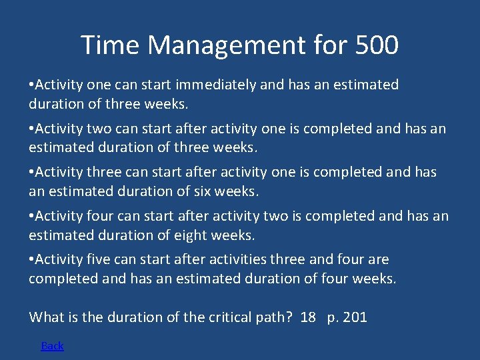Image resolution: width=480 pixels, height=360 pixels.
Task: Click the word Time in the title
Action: pyautogui.click(x=111, y=45)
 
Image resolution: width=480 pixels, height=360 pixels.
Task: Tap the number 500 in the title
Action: pyautogui.click(x=376, y=45)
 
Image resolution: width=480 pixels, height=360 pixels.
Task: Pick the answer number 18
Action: pyautogui.click(x=308, y=317)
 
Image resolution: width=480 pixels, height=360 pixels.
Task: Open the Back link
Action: pyautogui.click(x=52, y=345)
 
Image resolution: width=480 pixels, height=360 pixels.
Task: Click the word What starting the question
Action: pyautogui.click(x=46, y=317)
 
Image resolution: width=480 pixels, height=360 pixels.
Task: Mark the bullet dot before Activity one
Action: pyautogui.click(x=31, y=85)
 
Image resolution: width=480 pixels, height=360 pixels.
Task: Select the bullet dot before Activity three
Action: pyautogui.click(x=31, y=172)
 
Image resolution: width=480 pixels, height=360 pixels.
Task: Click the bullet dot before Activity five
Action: pyautogui.click(x=31, y=259)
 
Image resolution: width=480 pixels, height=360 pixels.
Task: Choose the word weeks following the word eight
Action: pyautogui.click(x=233, y=235)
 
